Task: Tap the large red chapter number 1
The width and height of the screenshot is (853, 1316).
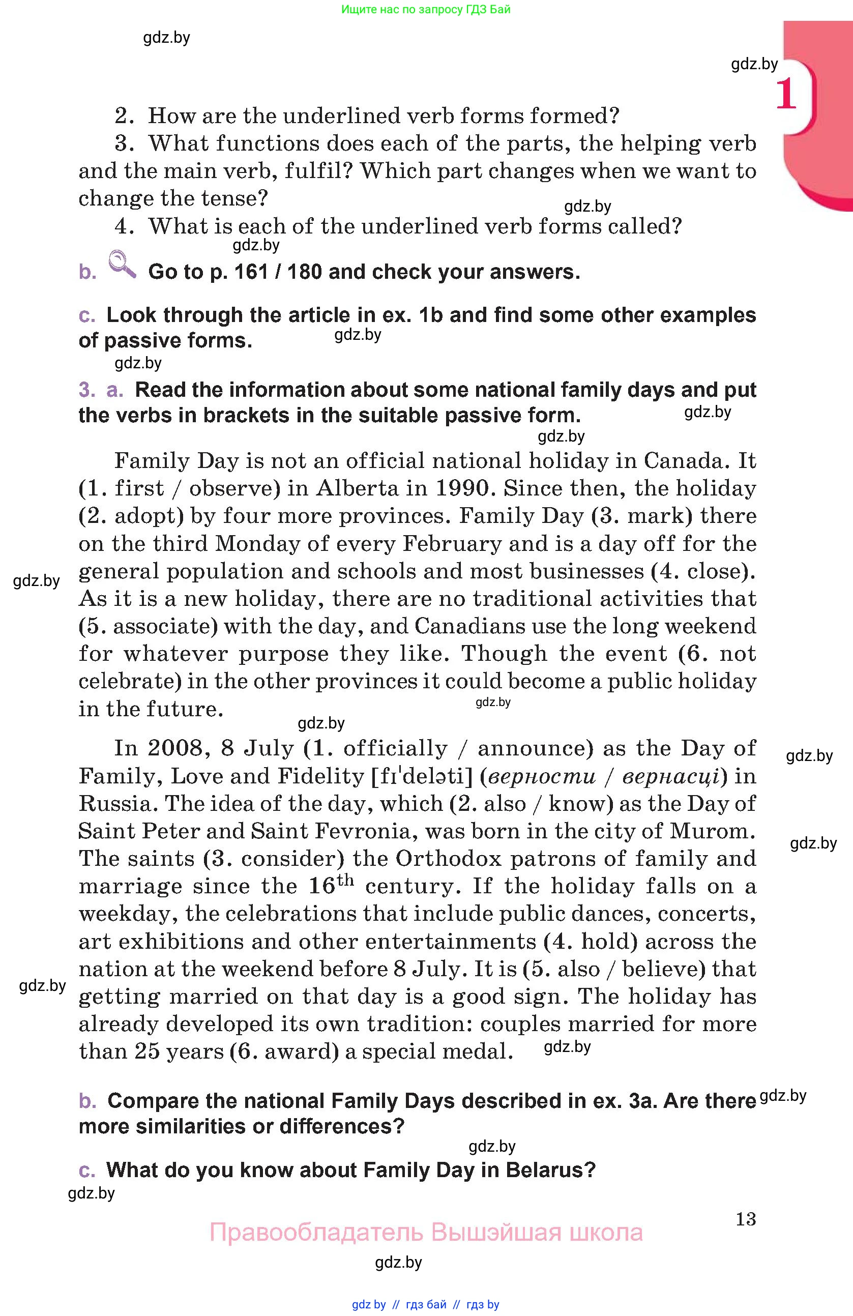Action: (786, 95)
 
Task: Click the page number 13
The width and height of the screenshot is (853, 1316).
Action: (746, 1219)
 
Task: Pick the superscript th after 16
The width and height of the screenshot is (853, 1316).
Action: (345, 880)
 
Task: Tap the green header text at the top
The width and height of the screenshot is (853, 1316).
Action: (426, 9)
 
